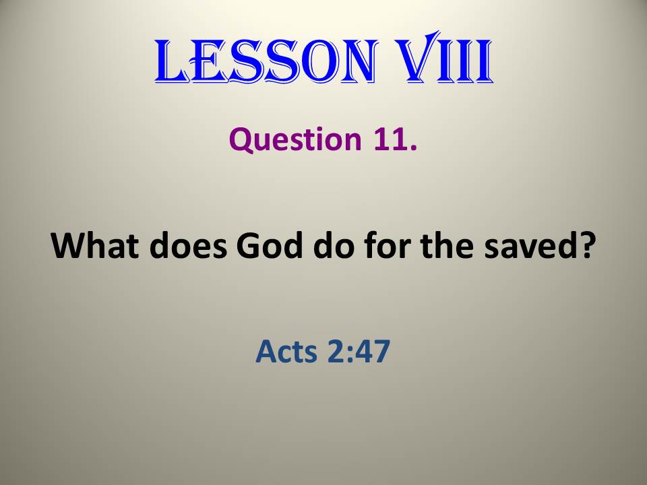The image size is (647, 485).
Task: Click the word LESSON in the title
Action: tap(266, 61)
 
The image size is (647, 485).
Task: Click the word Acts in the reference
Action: tap(286, 352)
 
